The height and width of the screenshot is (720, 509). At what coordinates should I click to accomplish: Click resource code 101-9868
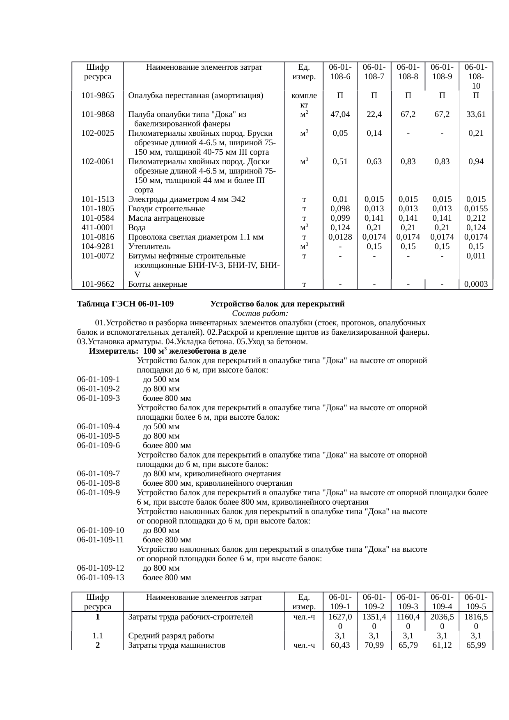pyautogui.click(x=98, y=114)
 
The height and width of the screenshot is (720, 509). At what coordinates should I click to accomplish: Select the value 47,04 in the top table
pyautogui.click(x=340, y=114)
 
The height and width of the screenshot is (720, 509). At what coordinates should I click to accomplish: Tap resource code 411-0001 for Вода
pyautogui.click(x=98, y=228)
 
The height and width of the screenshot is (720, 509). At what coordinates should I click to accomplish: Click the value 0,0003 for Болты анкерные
pyautogui.click(x=476, y=284)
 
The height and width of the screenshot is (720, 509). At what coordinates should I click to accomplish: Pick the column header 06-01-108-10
pyautogui.click(x=476, y=76)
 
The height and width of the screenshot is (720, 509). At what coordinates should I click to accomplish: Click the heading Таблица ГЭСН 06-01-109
pyautogui.click(x=125, y=304)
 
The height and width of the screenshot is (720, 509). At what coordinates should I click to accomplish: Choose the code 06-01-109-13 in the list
pyautogui.click(x=101, y=578)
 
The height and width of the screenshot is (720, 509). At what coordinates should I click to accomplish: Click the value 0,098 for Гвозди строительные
pyautogui.click(x=340, y=209)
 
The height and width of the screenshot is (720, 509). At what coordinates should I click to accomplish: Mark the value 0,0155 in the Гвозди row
pyautogui.click(x=476, y=209)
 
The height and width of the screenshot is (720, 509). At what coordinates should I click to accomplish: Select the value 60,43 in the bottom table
pyautogui.click(x=340, y=645)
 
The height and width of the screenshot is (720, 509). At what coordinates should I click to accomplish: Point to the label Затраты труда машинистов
pyautogui.click(x=177, y=645)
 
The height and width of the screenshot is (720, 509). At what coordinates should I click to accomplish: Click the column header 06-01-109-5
pyautogui.click(x=476, y=601)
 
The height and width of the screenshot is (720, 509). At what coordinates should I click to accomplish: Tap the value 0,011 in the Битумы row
pyautogui.click(x=476, y=256)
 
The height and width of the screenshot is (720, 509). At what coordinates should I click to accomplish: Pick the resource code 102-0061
pyautogui.click(x=98, y=162)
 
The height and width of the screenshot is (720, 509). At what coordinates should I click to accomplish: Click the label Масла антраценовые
pyautogui.click(x=166, y=218)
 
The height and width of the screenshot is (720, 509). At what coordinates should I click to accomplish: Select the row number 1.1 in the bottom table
pyautogui.click(x=97, y=636)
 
